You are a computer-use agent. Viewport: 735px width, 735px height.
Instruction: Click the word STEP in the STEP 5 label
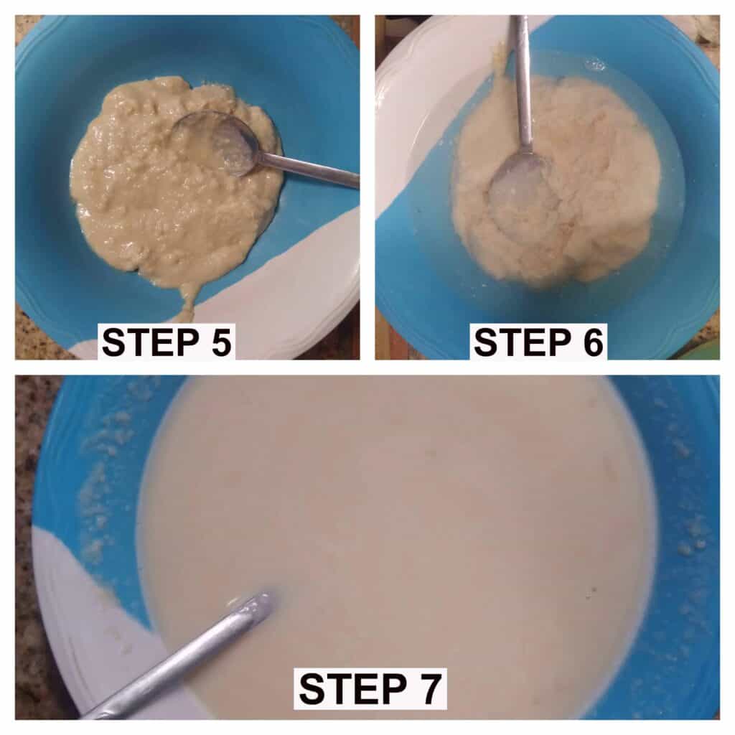click(x=151, y=342)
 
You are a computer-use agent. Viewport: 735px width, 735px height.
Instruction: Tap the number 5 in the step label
click(x=221, y=342)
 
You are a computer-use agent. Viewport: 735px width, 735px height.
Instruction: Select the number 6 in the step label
click(x=593, y=342)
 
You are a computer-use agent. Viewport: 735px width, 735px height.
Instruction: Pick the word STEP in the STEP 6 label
click(x=523, y=342)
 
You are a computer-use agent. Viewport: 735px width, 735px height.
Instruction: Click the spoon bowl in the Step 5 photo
click(x=216, y=143)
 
